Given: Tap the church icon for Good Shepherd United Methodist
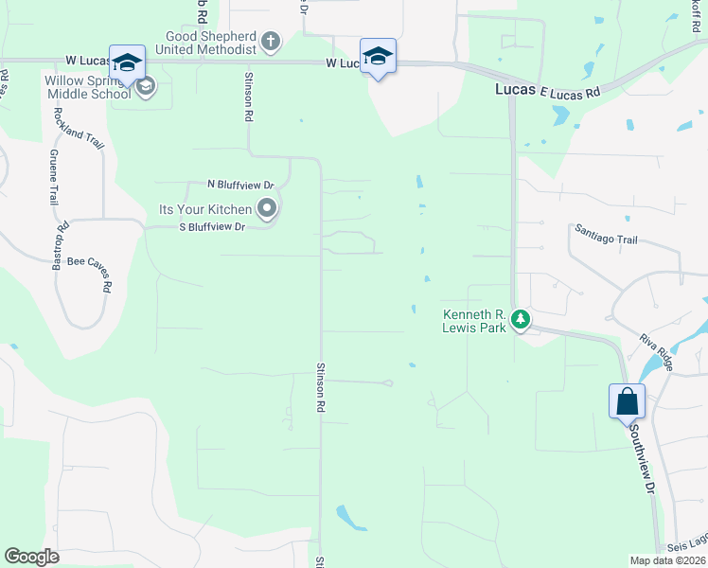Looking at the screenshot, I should pyautogui.click(x=272, y=42).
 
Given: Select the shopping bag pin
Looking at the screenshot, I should pyautogui.click(x=628, y=401).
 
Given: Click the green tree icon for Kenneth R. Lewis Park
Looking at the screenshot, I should pyautogui.click(x=520, y=320).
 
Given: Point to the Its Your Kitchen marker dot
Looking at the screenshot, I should pyautogui.click(x=267, y=208).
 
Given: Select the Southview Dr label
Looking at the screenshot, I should pyautogui.click(x=643, y=463).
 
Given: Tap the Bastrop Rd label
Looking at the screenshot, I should pyautogui.click(x=62, y=240).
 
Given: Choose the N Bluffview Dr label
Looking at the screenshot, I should pyautogui.click(x=241, y=185).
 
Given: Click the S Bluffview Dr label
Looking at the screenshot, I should pyautogui.click(x=213, y=227).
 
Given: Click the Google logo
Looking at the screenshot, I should pyautogui.click(x=31, y=556).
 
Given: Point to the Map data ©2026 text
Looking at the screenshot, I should pyautogui.click(x=667, y=560).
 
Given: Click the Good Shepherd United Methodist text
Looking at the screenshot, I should pyautogui.click(x=212, y=42).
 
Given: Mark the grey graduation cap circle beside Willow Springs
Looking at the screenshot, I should pyautogui.click(x=145, y=88).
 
